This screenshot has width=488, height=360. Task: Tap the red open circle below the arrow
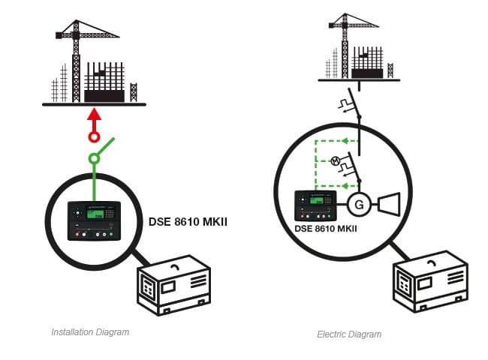point(93,137)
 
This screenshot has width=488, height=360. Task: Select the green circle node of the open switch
point(93,159)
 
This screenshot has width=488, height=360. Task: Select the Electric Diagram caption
point(348,334)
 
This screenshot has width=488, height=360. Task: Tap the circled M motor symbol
point(336,160)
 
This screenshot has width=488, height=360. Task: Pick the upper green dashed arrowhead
point(344,139)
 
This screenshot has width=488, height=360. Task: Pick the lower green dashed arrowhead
point(344,184)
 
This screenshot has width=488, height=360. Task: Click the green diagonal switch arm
point(104,147)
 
